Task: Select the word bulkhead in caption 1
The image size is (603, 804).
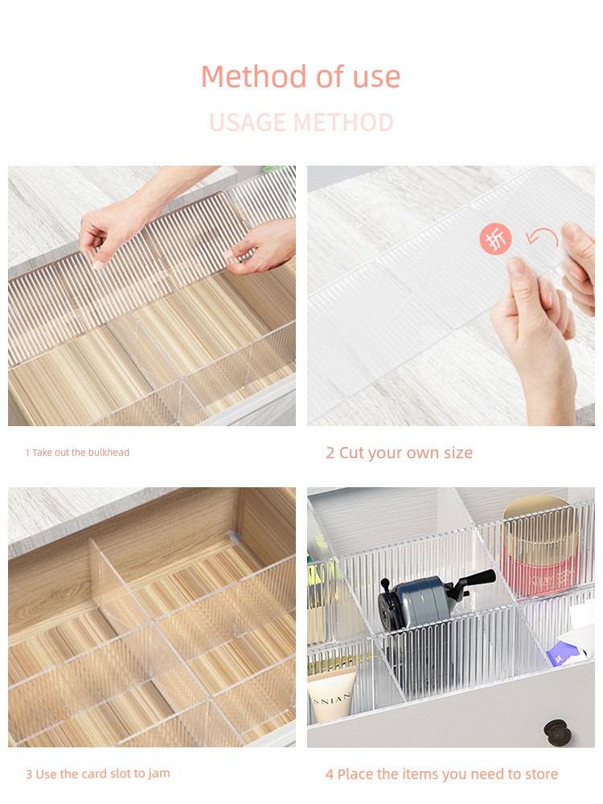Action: (x=109, y=452)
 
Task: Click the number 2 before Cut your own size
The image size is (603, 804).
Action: (x=330, y=453)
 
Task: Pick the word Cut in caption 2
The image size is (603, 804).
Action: (x=351, y=453)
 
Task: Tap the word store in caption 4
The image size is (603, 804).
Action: (x=541, y=773)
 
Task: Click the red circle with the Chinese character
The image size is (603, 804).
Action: (x=495, y=239)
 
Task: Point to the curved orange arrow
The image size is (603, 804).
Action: (x=543, y=239)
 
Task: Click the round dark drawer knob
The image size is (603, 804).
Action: (x=556, y=732)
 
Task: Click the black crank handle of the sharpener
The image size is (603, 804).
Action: (x=477, y=579)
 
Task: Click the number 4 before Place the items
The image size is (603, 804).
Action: (x=330, y=773)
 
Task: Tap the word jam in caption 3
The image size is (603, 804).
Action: (x=159, y=774)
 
